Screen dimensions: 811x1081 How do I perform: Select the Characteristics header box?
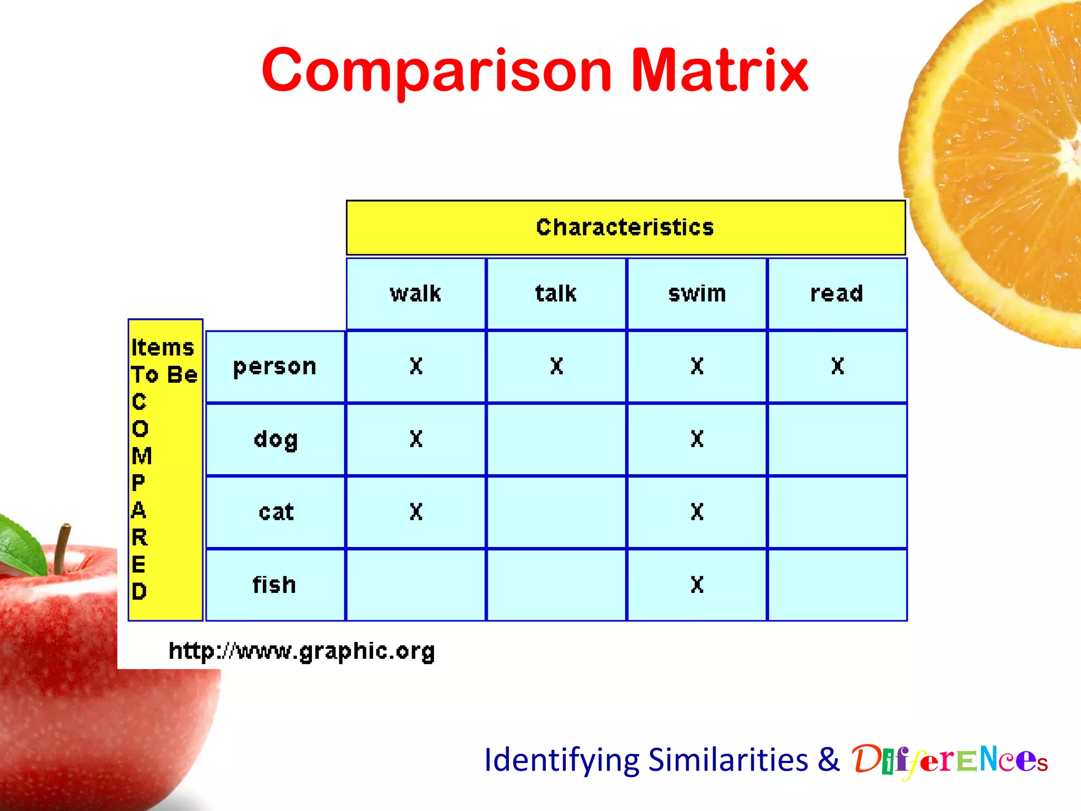pyautogui.click(x=625, y=228)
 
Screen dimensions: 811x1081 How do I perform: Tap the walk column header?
pyautogui.click(x=416, y=294)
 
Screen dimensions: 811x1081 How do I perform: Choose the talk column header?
pyautogui.click(x=556, y=294)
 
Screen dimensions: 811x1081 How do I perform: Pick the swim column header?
pyautogui.click(x=697, y=294)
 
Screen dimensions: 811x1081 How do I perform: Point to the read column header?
pyautogui.click(x=837, y=294)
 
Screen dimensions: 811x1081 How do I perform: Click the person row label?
pyautogui.click(x=275, y=367)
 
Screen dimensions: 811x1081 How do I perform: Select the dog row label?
pyautogui.click(x=276, y=440)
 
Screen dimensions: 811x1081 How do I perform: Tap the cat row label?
pyautogui.click(x=276, y=512)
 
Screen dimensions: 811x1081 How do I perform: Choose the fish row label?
pyautogui.click(x=274, y=585)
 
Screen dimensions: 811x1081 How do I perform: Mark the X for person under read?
pyautogui.click(x=838, y=366)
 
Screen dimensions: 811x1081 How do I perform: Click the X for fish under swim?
pyautogui.click(x=697, y=584)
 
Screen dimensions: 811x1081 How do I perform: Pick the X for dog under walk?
pyautogui.click(x=416, y=439)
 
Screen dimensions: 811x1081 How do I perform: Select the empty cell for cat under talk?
pyautogui.click(x=556, y=512)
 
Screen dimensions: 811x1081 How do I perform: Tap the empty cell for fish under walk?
pyautogui.click(x=416, y=585)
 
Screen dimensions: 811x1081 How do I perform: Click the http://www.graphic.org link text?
pyautogui.click(x=301, y=651)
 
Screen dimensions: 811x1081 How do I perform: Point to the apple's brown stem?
pyautogui.click(x=62, y=549)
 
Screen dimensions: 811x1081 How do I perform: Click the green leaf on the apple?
pyautogui.click(x=21, y=544)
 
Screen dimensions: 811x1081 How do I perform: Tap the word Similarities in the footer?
pyautogui.click(x=728, y=760)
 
